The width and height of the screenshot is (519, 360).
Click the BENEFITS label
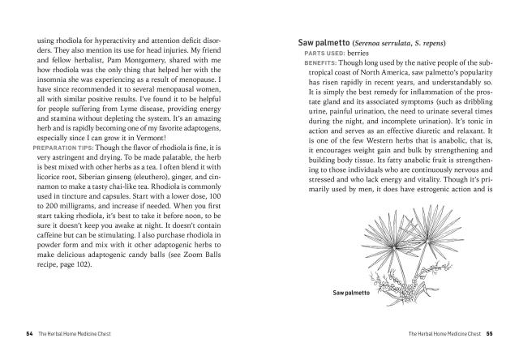coord(321,62)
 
